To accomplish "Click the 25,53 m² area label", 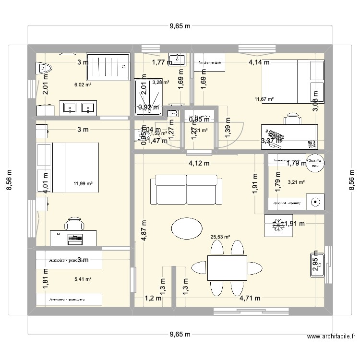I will [x=221, y=237].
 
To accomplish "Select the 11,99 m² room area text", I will [x=83, y=183].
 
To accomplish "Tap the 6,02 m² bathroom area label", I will [x=83, y=84].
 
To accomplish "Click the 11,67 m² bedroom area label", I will [x=264, y=99].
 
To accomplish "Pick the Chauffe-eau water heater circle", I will [x=314, y=163].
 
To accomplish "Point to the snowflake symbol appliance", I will [x=278, y=225].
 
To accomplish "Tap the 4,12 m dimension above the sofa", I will [x=199, y=163].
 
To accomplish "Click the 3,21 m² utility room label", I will [x=295, y=182].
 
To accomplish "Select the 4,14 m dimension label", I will [x=259, y=62].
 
